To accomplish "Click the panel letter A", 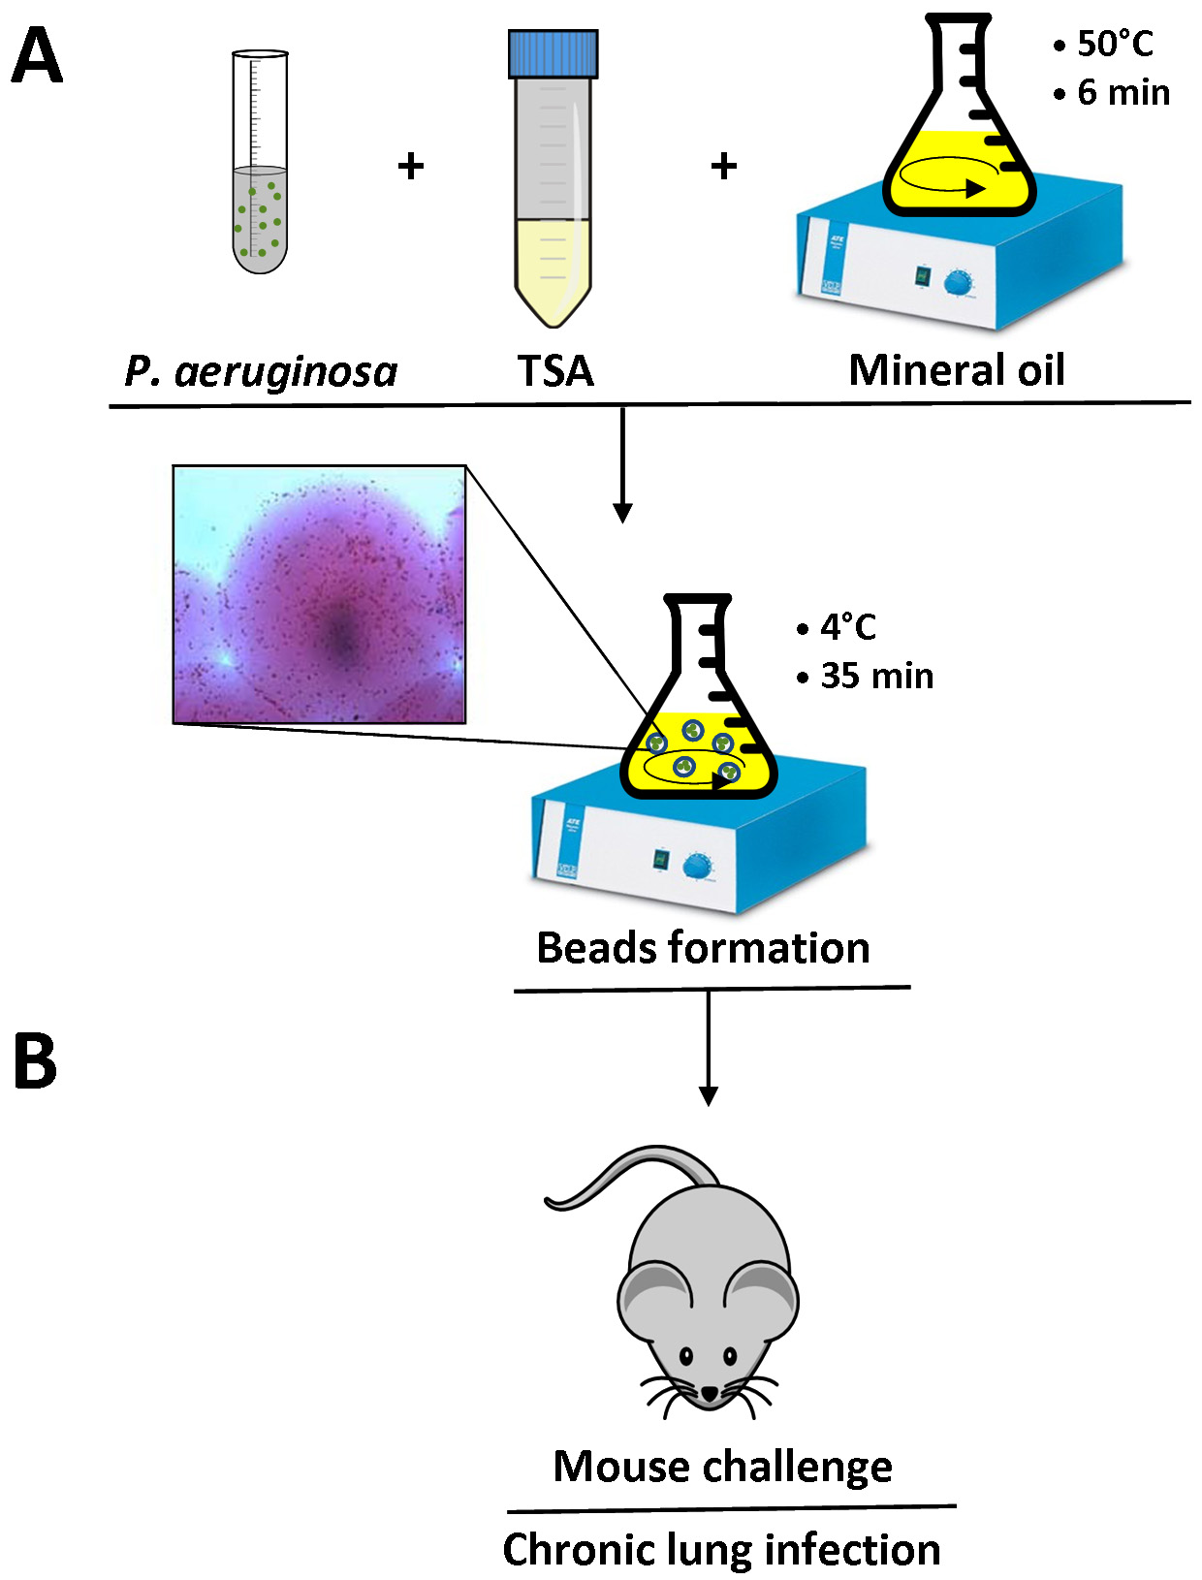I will (x=37, y=56).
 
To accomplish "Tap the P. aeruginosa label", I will (x=262, y=371).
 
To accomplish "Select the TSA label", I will (x=554, y=371).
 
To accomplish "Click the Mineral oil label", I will (x=956, y=370).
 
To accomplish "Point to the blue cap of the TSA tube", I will (x=553, y=53).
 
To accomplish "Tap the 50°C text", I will (x=1115, y=45).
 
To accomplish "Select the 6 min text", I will (x=1123, y=93).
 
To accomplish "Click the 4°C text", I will (x=847, y=627).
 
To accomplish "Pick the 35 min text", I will (x=876, y=676).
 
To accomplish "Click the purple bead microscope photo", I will (x=319, y=594).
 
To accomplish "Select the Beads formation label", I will (x=703, y=948).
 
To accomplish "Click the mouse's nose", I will (x=710, y=1393).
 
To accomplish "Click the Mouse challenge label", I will (x=722, y=1467).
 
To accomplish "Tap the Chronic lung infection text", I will (x=722, y=1549).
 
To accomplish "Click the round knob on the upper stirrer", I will (x=959, y=283).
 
